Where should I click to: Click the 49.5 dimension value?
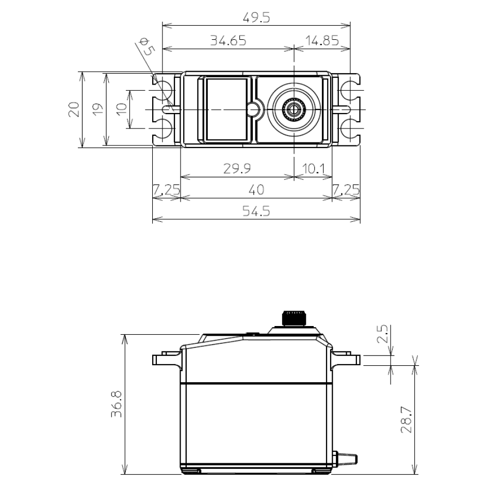click(x=256, y=18)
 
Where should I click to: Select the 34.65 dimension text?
click(x=228, y=40)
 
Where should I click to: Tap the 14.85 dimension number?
click(x=322, y=40)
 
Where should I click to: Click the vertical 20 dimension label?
click(x=74, y=109)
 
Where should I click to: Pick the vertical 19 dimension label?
click(x=98, y=109)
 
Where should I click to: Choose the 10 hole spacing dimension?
click(x=122, y=109)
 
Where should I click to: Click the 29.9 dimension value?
click(x=237, y=168)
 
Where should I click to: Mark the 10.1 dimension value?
click(x=313, y=169)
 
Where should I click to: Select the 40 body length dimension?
click(x=256, y=190)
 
